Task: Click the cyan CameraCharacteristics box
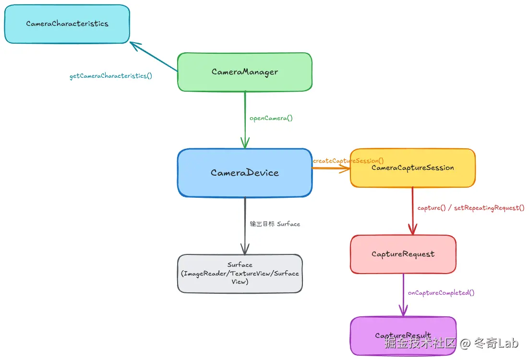pos(67,24)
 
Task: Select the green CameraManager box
pos(245,72)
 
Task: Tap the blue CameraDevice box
pos(245,173)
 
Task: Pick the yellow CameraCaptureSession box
pos(412,168)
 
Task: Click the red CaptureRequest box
pos(403,254)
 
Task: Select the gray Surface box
pos(240,274)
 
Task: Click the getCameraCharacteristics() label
pos(111,76)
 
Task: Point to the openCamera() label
pos(271,118)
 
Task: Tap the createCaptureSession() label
pos(349,161)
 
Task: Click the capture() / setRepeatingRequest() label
pos(471,208)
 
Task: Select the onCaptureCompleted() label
pos(441,293)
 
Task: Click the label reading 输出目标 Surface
pos(275,224)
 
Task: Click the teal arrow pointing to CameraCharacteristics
pos(154,57)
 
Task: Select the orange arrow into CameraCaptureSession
pos(331,168)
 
